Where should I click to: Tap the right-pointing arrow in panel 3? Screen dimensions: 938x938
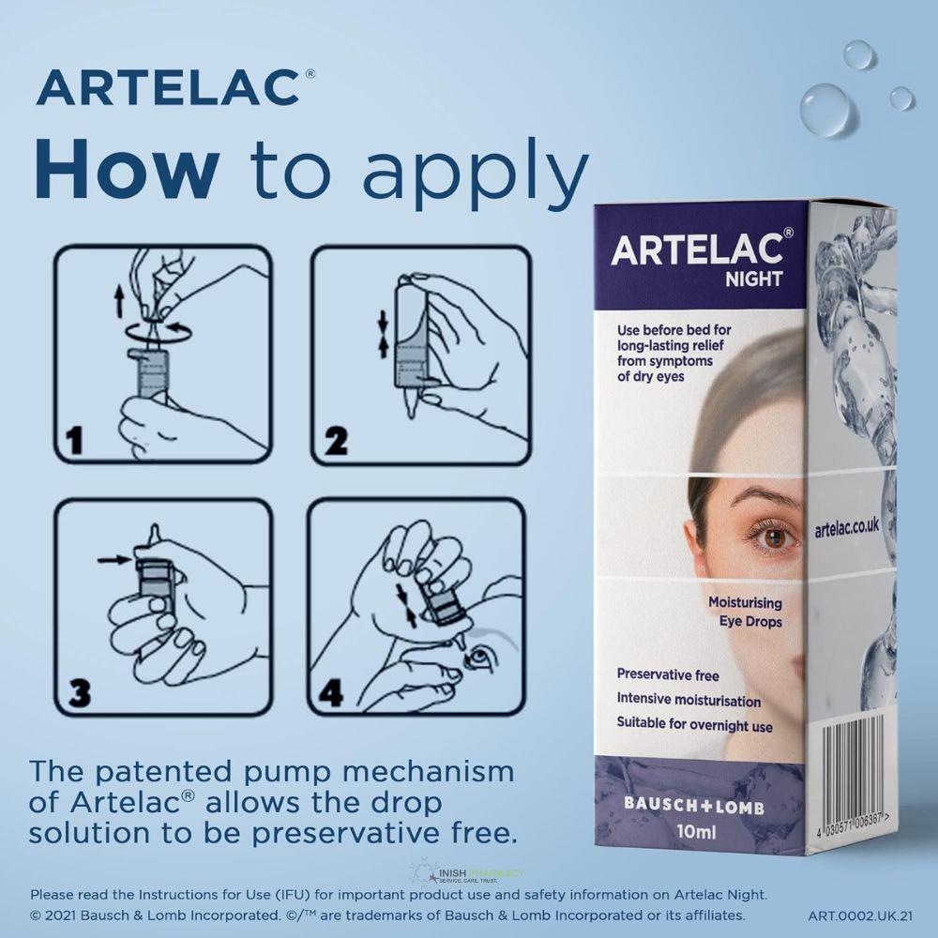[113, 560]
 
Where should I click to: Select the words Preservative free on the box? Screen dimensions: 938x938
[668, 673]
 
